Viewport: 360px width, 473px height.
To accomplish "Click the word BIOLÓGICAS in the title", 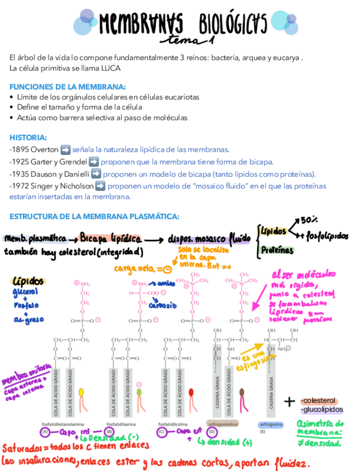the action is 232,24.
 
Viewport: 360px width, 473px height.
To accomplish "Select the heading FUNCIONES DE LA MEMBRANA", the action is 67,86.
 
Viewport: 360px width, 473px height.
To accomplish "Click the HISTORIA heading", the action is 28,138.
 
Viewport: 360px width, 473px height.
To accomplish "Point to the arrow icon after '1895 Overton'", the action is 65,149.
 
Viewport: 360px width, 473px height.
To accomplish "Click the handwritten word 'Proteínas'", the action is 278,250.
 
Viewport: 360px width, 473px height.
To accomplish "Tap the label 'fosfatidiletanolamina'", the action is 61,424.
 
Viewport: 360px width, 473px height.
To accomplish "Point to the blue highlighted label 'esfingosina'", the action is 271,424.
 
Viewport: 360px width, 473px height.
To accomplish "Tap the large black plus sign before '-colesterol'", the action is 290,402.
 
